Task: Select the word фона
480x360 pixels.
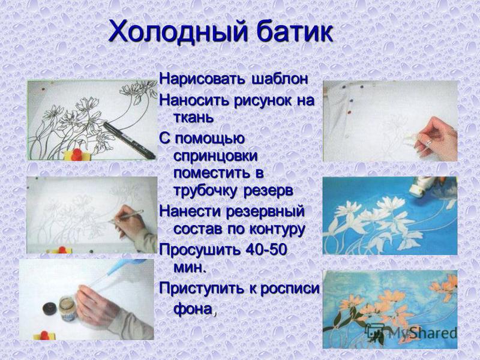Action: pyautogui.click(x=193, y=310)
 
